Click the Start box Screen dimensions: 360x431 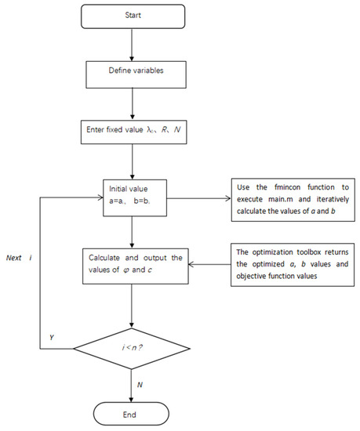pyautogui.click(x=133, y=16)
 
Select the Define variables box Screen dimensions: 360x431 pyautogui.click(x=136, y=74)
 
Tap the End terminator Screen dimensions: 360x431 pyautogui.click(x=131, y=414)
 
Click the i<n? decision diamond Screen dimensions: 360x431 pyautogui.click(x=132, y=348)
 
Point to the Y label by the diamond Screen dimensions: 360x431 pyautogui.click(x=52, y=337)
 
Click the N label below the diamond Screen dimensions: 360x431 pyautogui.click(x=140, y=385)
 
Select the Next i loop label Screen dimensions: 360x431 pyautogui.click(x=19, y=258)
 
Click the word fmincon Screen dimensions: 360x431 pyautogui.click(x=287, y=187)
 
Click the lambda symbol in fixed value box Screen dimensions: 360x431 pyautogui.click(x=150, y=130)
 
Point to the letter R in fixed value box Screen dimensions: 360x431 pyautogui.click(x=164, y=129)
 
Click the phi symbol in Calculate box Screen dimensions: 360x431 pyautogui.click(x=126, y=270)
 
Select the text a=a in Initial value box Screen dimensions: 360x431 pyautogui.click(x=117, y=201)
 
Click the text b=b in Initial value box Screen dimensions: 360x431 pyautogui.click(x=141, y=201)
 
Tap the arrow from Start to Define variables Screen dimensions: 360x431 pyautogui.click(x=132, y=45)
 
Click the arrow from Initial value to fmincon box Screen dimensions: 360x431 pyautogui.click(x=199, y=198)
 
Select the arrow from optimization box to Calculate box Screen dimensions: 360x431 pyautogui.click(x=209, y=264)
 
